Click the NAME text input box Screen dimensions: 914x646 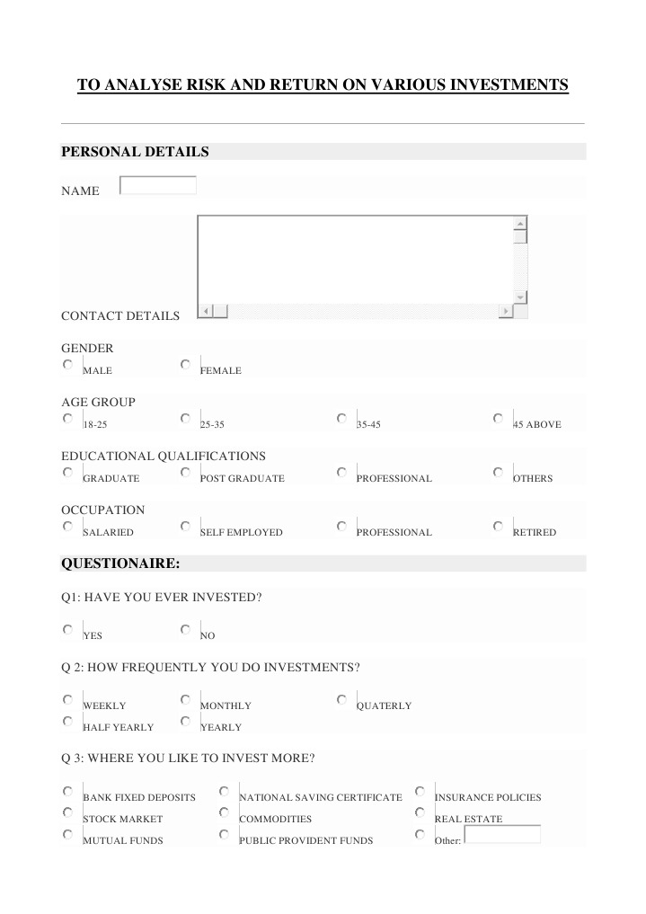click(158, 185)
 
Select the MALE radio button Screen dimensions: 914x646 click(68, 365)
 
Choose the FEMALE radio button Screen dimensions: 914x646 click(185, 365)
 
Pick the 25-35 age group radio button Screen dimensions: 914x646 click(185, 419)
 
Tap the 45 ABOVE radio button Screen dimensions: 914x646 click(499, 419)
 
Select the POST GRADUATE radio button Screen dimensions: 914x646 click(185, 473)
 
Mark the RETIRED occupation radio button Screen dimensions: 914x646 click(499, 527)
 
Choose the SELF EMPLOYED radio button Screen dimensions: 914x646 click(185, 527)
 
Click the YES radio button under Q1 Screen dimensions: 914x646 click(68, 630)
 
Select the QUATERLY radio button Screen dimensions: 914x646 click(342, 700)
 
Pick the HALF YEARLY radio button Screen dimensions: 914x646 click(68, 722)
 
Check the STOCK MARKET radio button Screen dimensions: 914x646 click(68, 813)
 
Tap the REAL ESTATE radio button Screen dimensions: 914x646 click(420, 813)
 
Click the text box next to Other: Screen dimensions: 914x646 click(502, 835)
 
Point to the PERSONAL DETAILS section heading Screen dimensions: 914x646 click(135, 152)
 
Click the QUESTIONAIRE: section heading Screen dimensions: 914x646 click(120, 563)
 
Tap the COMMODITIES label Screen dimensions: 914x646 click(275, 820)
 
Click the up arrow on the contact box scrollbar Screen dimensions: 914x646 click(520, 224)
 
